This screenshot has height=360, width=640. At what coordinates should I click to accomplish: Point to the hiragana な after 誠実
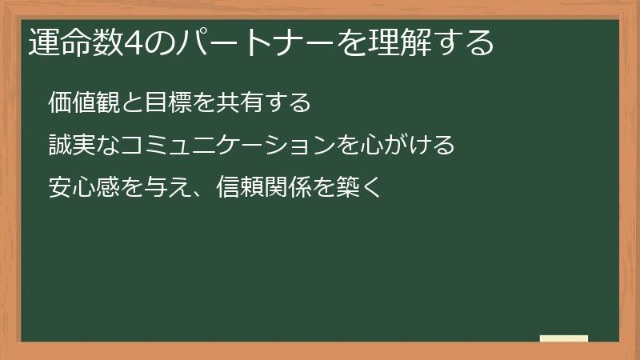[x=106, y=146]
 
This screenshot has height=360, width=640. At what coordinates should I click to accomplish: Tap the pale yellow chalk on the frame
[x=564, y=338]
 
